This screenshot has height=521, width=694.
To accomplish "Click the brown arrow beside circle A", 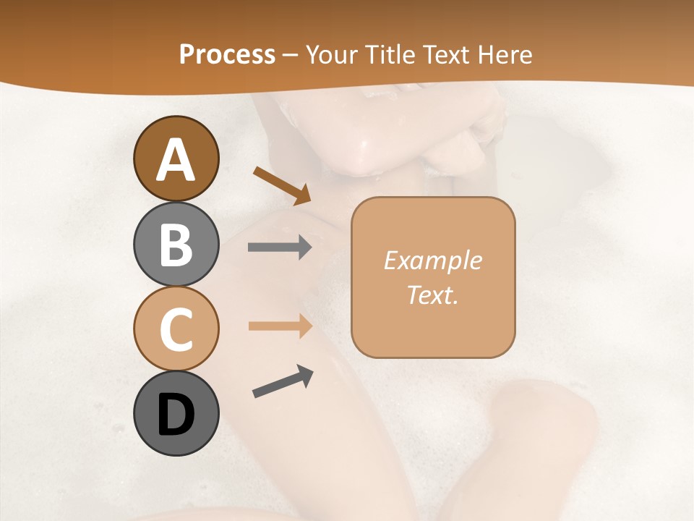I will pos(282,185).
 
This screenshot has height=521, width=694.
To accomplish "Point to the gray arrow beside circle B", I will pos(280,247).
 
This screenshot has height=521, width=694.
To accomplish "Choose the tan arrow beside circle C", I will pos(280,326).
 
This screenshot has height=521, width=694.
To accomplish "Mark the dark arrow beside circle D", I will pos(283,381).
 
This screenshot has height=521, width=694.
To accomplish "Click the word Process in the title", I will pos(227,54).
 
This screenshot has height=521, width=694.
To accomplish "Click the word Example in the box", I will pos(433,260).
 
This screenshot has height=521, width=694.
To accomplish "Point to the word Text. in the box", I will pos(433,295).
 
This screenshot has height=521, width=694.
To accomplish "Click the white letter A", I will pos(176,160).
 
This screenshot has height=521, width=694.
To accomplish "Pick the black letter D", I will pos(176,415).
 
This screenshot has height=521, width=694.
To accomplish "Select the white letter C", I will pos(176,329).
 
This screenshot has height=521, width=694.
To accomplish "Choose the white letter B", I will pos(176,245).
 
